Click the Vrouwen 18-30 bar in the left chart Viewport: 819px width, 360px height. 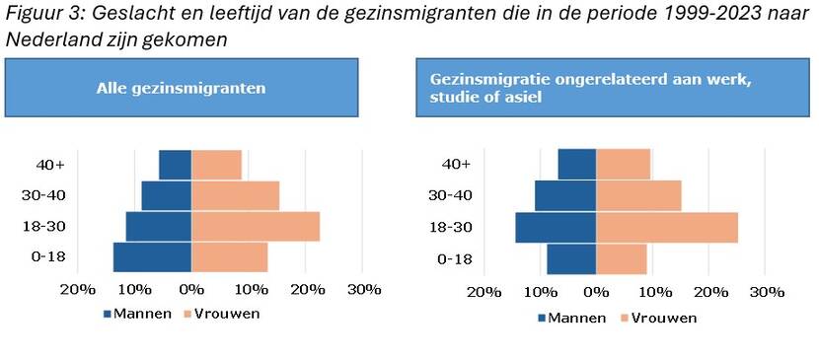(256, 226)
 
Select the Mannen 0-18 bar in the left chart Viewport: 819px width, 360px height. (152, 256)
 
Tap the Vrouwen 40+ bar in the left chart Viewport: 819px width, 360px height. (216, 165)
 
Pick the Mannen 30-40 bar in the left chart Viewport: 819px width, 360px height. (166, 195)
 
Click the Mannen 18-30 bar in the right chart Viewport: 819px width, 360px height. (556, 227)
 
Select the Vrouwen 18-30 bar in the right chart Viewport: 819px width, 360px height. (667, 227)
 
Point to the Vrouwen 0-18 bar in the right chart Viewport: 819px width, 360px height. (622, 258)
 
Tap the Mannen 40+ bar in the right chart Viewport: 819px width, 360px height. (577, 165)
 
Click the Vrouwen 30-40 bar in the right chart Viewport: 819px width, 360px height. (638, 195)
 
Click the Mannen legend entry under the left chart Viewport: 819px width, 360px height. (137, 314)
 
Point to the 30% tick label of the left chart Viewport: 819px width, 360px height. (364, 290)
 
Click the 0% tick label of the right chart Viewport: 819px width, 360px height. (596, 293)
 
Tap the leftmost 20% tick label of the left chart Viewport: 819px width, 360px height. (78, 290)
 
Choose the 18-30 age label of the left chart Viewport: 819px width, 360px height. (49, 226)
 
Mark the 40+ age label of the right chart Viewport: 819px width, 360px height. (456, 165)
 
